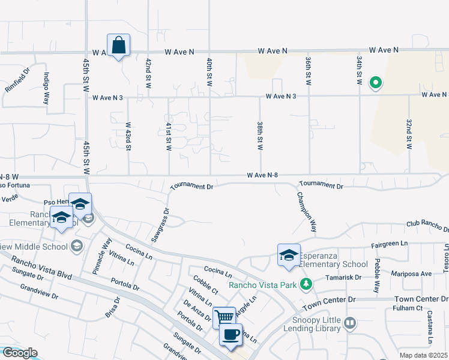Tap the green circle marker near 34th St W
(376, 83)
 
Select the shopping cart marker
(224, 316)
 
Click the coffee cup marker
(231, 335)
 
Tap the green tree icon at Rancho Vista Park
(307, 283)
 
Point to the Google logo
(19, 353)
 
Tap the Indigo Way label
(46, 88)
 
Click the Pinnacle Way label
(102, 257)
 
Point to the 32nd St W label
(409, 133)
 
